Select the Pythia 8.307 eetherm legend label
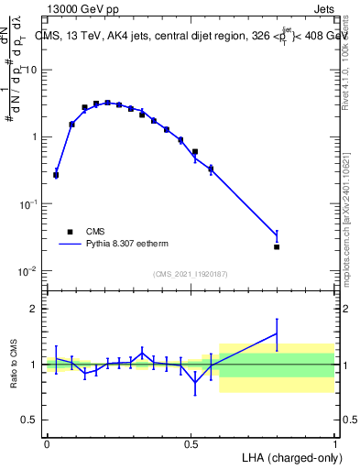pyautogui.click(x=125, y=245)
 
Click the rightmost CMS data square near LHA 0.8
pyautogui.click(x=277, y=246)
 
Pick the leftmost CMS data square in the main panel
pyautogui.click(x=56, y=174)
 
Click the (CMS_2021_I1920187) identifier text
pyautogui.click(x=190, y=274)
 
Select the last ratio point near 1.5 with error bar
pyautogui.click(x=277, y=333)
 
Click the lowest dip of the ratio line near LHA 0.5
pyautogui.click(x=195, y=382)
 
